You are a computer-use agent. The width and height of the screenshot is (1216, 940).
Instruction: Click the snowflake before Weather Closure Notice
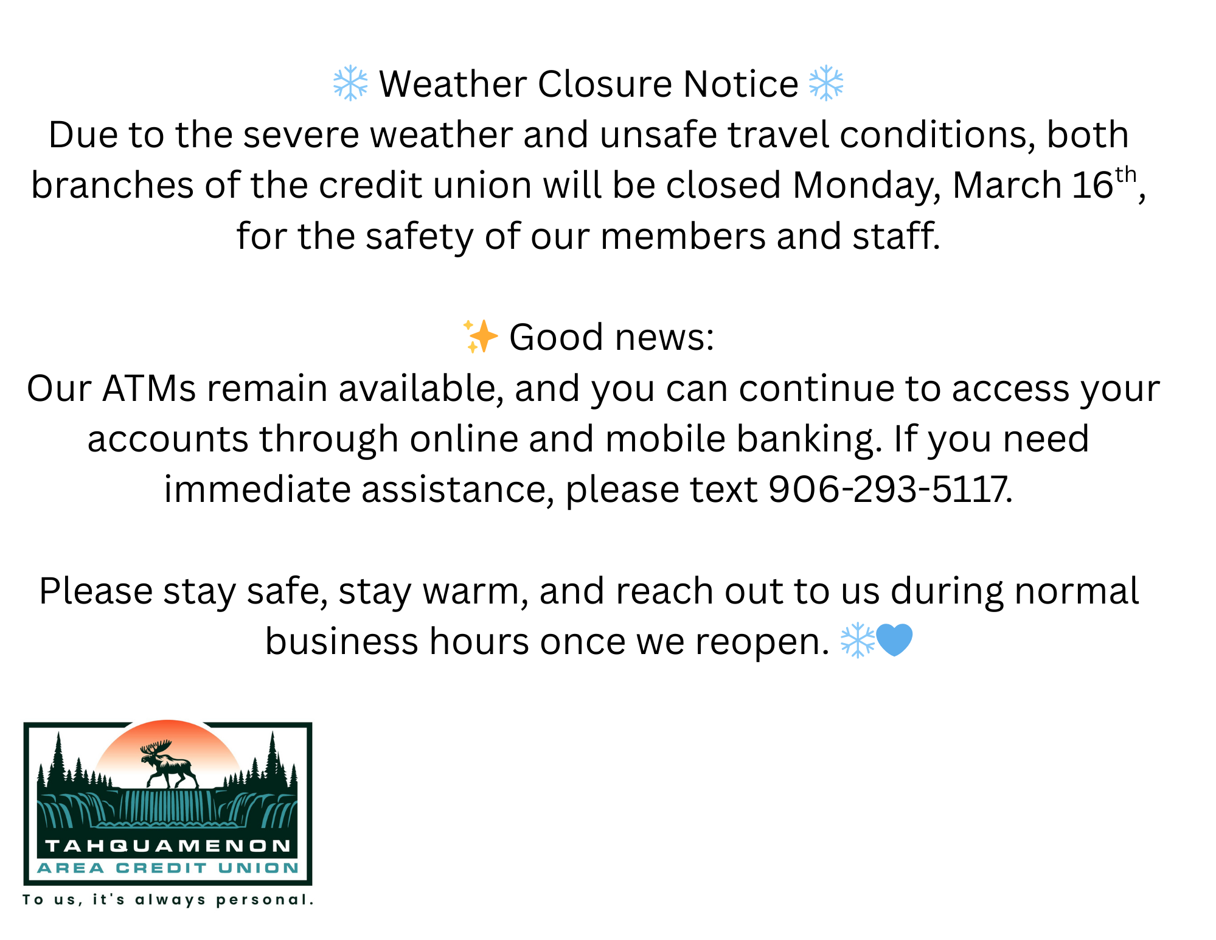click(350, 83)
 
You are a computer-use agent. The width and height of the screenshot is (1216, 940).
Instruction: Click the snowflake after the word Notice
click(826, 83)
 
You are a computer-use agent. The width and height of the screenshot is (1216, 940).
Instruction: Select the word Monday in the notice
click(867, 186)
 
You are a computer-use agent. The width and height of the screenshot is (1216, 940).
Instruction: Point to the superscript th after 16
click(1125, 175)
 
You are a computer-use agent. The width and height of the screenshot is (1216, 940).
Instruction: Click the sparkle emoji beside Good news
click(480, 336)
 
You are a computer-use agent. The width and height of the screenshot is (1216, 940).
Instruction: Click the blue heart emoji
click(894, 641)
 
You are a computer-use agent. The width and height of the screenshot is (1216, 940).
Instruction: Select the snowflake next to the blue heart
click(857, 641)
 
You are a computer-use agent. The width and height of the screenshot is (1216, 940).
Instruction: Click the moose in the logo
click(169, 764)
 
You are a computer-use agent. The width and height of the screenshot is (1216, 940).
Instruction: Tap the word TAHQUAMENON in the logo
click(169, 846)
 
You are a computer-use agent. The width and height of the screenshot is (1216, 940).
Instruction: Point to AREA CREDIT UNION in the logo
click(169, 868)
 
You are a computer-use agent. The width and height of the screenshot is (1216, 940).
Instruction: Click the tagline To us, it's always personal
click(169, 900)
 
